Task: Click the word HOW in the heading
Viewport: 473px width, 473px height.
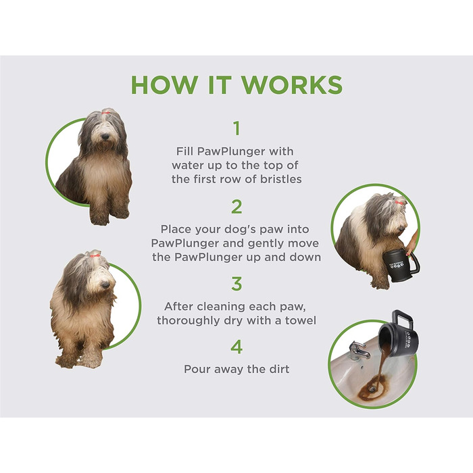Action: [165, 84]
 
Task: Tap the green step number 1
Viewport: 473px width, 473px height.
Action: [237, 128]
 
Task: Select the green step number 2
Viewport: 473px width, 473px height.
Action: [236, 207]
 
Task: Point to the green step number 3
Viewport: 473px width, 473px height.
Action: [236, 284]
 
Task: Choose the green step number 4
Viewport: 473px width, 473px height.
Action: [236, 347]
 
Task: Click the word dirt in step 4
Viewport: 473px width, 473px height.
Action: [279, 369]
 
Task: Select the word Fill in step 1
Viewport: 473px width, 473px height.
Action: [184, 151]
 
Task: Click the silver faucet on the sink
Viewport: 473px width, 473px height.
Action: [358, 350]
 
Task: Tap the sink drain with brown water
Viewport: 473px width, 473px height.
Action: [372, 389]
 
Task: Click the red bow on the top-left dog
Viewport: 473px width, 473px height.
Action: [105, 113]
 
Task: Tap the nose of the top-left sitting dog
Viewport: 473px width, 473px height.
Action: [105, 136]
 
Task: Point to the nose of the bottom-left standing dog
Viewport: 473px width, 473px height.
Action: [105, 284]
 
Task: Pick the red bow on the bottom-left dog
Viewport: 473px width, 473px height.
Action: [95, 255]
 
